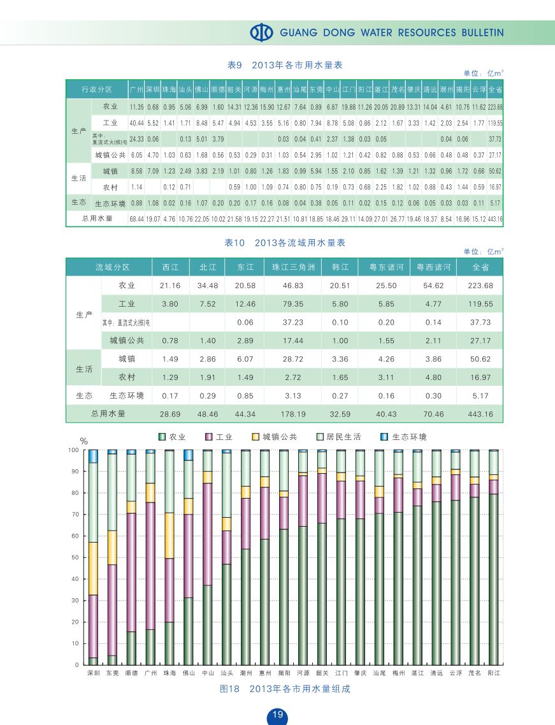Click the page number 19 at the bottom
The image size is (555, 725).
click(x=277, y=715)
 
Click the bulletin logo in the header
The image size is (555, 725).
click(x=261, y=33)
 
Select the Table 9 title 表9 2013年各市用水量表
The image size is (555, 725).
click(x=285, y=65)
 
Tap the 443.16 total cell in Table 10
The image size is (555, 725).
click(x=481, y=414)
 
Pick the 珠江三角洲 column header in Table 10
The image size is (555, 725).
click(x=293, y=267)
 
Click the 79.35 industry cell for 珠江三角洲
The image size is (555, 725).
click(x=293, y=304)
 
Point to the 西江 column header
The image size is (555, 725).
click(x=170, y=267)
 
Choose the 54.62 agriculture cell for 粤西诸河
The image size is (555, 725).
click(x=433, y=286)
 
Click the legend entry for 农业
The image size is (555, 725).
click(x=172, y=437)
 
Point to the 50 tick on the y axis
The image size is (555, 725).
click(x=74, y=557)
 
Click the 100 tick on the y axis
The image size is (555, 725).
click(x=73, y=450)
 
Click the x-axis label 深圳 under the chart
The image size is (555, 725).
click(x=93, y=673)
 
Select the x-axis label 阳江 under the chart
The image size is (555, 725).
click(x=493, y=673)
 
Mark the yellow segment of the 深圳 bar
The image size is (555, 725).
click(x=93, y=568)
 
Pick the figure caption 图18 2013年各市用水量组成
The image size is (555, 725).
click(x=285, y=689)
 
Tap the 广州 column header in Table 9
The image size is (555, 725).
click(x=136, y=89)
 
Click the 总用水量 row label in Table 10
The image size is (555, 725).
click(x=108, y=414)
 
